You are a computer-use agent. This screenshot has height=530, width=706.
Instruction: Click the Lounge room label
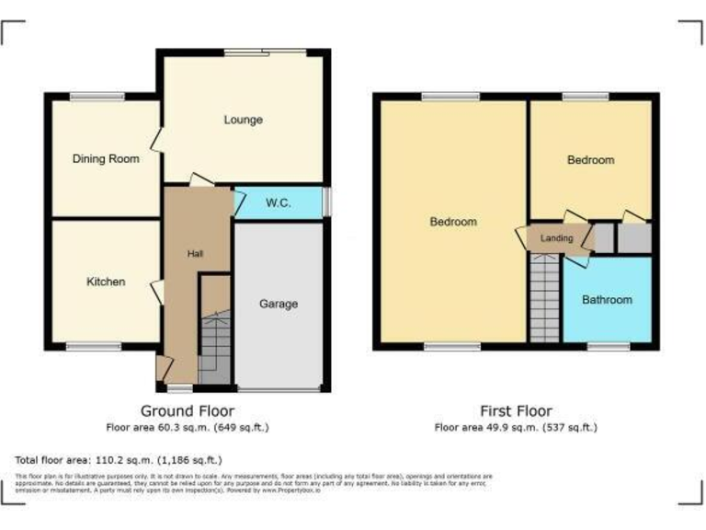[243, 120]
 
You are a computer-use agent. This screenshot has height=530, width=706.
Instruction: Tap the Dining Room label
[106, 159]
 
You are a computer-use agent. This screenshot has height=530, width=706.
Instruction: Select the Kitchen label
[106, 282]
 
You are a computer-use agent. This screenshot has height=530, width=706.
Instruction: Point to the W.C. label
[279, 203]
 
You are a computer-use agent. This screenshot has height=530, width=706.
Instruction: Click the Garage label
[278, 304]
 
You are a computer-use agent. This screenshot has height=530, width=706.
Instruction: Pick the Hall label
[196, 254]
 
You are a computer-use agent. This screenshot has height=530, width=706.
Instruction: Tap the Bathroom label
[607, 300]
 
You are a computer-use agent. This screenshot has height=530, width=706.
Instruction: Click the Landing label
[556, 239]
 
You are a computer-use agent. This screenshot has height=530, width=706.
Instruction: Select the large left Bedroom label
[453, 222]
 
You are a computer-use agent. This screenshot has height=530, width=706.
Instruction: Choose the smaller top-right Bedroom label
[590, 160]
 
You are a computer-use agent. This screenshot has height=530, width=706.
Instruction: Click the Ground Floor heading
[187, 411]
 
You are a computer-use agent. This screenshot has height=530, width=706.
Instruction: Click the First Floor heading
[516, 411]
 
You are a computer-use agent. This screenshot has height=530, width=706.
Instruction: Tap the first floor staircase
[545, 299]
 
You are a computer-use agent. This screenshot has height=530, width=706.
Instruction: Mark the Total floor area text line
[119, 459]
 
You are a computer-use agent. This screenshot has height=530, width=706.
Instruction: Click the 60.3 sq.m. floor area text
[187, 427]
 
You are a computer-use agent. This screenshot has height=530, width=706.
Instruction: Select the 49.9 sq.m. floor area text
[516, 427]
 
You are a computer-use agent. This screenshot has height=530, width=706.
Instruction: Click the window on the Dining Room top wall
[97, 96]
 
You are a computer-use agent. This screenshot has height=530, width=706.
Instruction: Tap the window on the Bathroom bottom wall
[609, 347]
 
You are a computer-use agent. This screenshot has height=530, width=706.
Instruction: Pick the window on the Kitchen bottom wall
[93, 347]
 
